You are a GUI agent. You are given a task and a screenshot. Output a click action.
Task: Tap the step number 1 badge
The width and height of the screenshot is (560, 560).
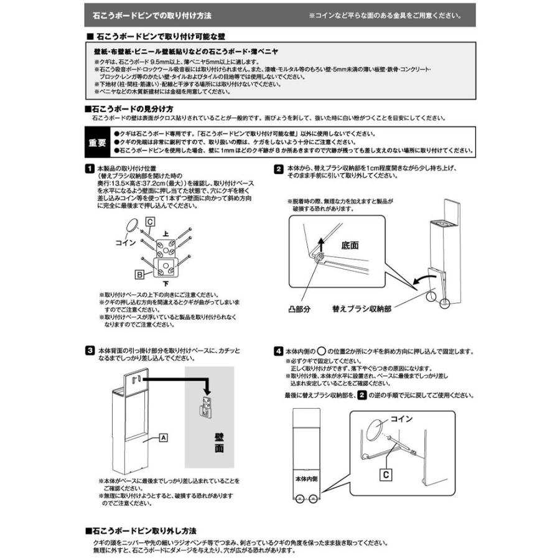click(x=90, y=168)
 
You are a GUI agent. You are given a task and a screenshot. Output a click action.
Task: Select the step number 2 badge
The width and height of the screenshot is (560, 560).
click(x=278, y=168)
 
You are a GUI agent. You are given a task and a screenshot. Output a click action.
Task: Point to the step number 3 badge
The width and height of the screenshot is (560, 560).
click(x=90, y=351)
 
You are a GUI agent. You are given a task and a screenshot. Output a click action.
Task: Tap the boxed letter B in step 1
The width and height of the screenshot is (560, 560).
click(x=142, y=273)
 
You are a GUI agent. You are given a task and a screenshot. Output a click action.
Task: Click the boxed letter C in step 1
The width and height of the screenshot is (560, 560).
click(x=150, y=222)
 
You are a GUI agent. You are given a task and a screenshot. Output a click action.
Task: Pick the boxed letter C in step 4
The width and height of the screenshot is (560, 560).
click(x=386, y=474)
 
